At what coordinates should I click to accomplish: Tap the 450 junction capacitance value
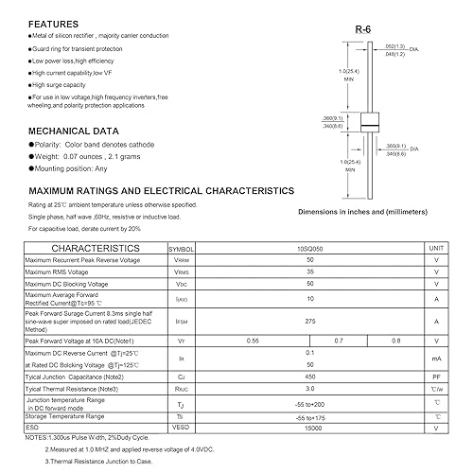pos(308,376)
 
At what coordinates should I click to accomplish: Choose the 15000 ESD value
pos(308,426)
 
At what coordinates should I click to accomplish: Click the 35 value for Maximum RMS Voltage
pos(308,271)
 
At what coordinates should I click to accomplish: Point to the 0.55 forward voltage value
pos(253,340)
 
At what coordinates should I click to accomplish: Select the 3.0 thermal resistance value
pos(308,388)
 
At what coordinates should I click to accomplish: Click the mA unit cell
pos(436,358)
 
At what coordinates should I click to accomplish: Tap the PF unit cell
pos(436,376)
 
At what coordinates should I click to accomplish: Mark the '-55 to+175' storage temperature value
pos(308,414)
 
